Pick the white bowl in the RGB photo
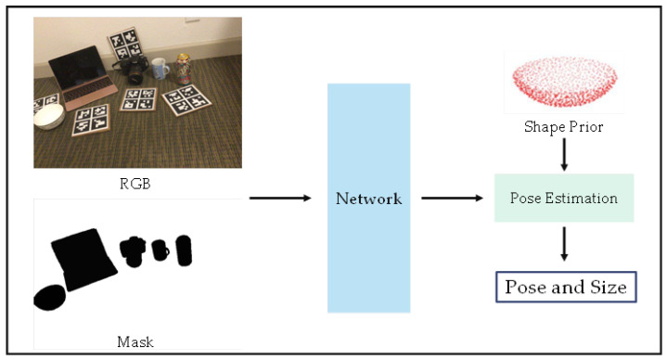click(48, 116)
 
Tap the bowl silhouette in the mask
click(49, 297)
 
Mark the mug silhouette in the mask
click(160, 251)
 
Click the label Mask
click(135, 342)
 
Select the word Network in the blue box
click(368, 199)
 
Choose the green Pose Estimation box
click(564, 198)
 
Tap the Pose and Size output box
click(565, 287)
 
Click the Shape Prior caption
click(564, 126)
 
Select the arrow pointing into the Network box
click(279, 198)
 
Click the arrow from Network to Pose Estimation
click(453, 198)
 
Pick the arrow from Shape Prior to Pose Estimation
click(564, 154)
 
